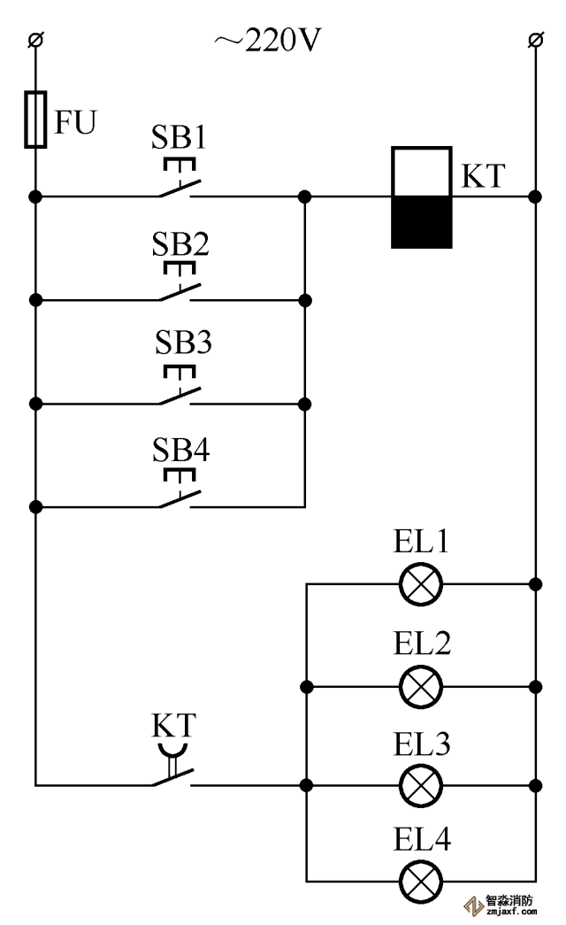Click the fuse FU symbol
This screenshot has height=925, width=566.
(35, 119)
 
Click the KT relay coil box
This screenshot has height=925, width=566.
(422, 197)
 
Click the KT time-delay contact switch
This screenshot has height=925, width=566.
(174, 775)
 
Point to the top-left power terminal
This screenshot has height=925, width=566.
(35, 39)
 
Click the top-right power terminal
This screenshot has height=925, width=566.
(534, 39)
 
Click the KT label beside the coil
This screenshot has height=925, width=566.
(481, 176)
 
